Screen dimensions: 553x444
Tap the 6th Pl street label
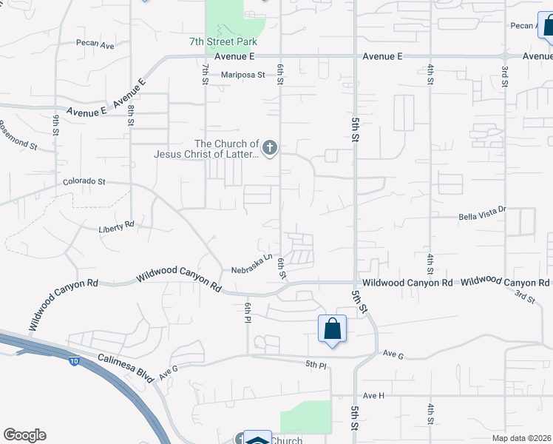pos(248,312)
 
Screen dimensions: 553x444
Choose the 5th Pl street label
pos(316,364)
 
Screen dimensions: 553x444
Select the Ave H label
pos(374,395)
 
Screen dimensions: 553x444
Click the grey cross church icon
pos(271,149)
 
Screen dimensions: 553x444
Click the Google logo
pos(24,435)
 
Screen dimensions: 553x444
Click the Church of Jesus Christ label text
pos(206,149)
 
